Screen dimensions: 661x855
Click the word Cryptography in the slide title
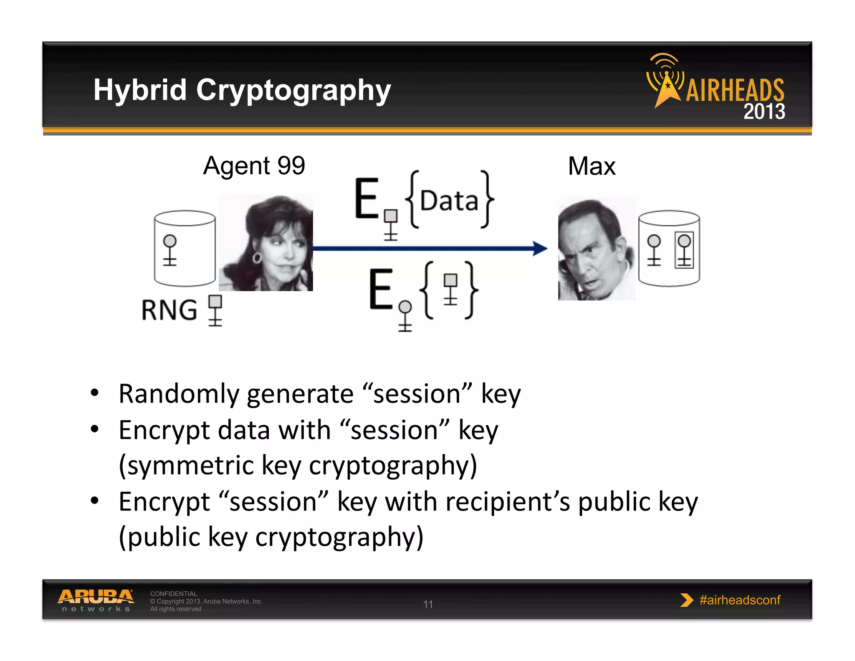click(293, 91)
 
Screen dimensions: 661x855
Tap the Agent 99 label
click(254, 166)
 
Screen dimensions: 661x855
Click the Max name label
click(591, 166)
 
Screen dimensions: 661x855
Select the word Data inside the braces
click(449, 201)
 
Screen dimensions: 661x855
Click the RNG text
click(169, 310)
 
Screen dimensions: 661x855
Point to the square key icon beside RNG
click(215, 310)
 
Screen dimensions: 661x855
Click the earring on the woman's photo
click(257, 257)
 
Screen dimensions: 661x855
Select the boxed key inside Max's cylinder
click(684, 250)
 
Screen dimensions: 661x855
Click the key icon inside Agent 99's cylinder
click(170, 250)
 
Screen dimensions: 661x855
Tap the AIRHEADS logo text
click(735, 90)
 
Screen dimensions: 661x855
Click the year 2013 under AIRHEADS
click(764, 112)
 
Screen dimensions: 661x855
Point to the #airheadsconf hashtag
click(739, 600)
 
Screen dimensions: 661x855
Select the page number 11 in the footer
click(428, 604)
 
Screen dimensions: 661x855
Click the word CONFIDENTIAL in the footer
click(173, 594)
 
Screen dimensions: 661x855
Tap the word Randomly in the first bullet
click(179, 394)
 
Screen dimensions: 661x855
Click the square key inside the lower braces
click(450, 289)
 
